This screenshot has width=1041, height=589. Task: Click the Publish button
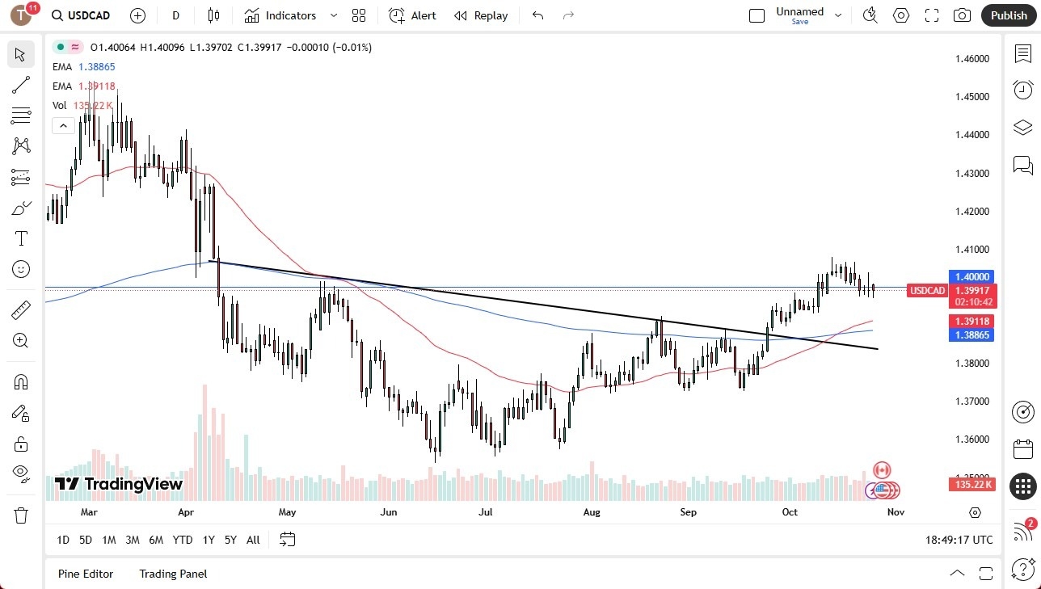coord(1009,15)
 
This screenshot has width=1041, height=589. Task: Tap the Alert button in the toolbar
coord(412,15)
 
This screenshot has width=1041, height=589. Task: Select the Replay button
coord(481,15)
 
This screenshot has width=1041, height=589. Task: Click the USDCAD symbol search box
coord(81,15)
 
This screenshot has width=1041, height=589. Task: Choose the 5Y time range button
coord(230,540)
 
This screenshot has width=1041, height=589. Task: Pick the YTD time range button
coord(183,540)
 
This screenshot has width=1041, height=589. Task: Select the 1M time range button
coord(109,540)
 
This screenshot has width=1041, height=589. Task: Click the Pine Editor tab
coord(86,574)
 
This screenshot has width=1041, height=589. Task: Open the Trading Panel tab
coord(173,574)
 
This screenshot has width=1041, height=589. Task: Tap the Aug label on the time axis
coord(592,512)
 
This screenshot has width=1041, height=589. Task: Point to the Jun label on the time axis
coord(389,512)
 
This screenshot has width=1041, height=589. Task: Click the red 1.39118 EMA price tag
coord(972,321)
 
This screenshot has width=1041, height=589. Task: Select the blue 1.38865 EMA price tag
coord(972,334)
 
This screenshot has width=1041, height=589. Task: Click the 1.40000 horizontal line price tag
coord(972,276)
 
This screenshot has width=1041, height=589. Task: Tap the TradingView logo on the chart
coord(119,484)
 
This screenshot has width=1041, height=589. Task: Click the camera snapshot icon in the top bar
coord(962,15)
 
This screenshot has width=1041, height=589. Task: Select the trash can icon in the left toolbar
coord(21,515)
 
